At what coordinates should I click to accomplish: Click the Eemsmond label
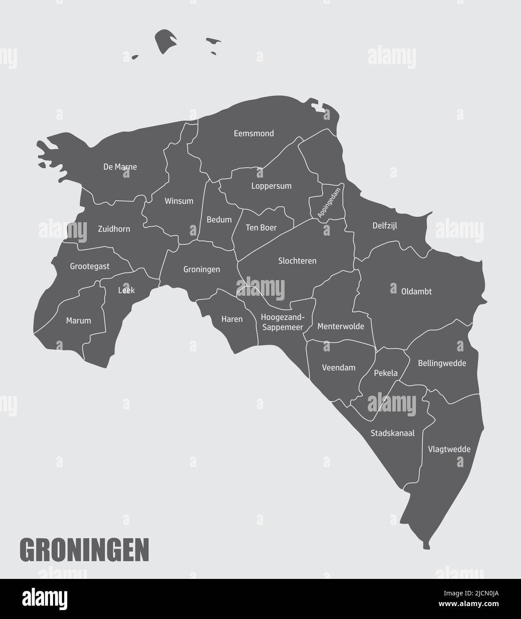point(254,133)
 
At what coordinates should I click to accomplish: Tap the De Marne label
point(120,167)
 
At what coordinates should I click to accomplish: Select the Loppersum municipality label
point(271,186)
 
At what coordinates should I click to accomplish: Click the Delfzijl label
point(385,226)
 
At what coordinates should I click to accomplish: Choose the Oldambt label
point(416,292)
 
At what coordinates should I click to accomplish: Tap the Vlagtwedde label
point(449,449)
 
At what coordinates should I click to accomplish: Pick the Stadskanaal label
point(392,433)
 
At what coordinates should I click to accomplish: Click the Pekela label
point(386,373)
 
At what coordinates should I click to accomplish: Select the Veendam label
point(338,368)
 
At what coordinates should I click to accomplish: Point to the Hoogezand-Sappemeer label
point(282,322)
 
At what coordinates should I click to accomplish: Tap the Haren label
point(232,319)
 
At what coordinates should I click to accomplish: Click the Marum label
point(78,321)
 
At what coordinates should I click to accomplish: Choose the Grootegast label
point(90,267)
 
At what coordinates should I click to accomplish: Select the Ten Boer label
point(261,228)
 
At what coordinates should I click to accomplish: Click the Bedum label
point(219,220)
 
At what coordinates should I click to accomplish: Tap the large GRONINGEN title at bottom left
point(85,550)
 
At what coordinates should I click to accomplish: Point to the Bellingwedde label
point(442,363)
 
